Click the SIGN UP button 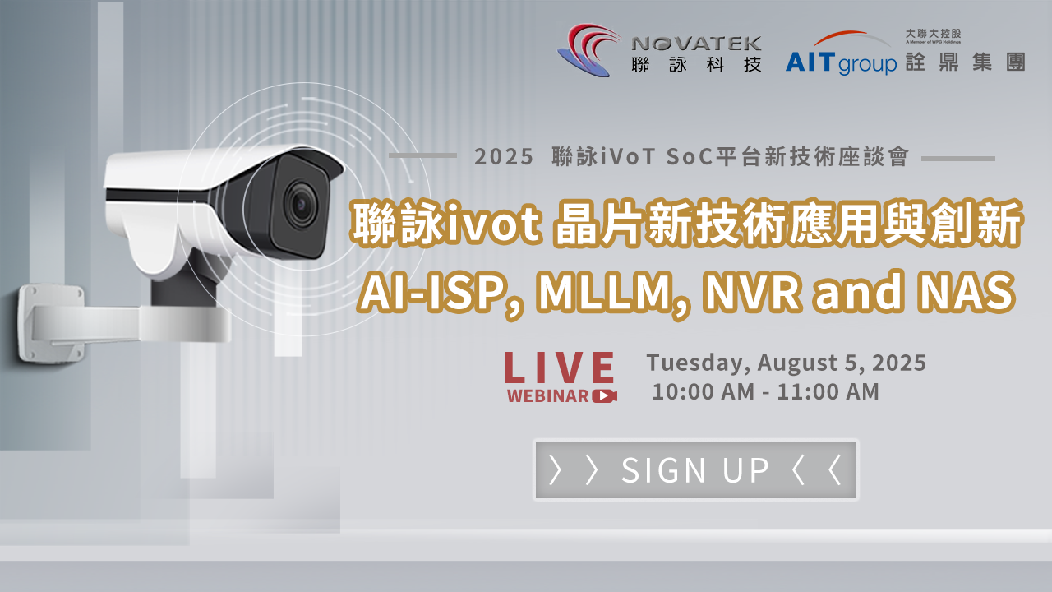pyautogui.click(x=695, y=469)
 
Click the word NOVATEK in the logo pyautogui.click(x=697, y=43)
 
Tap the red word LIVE pyautogui.click(x=560, y=368)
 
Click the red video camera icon pyautogui.click(x=605, y=395)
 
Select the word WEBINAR pyautogui.click(x=548, y=395)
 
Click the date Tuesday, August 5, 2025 pyautogui.click(x=786, y=363)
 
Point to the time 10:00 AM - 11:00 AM pyautogui.click(x=765, y=392)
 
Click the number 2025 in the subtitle pyautogui.click(x=504, y=157)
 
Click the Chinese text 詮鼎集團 pyautogui.click(x=965, y=62)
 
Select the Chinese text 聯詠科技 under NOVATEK pyautogui.click(x=697, y=64)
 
